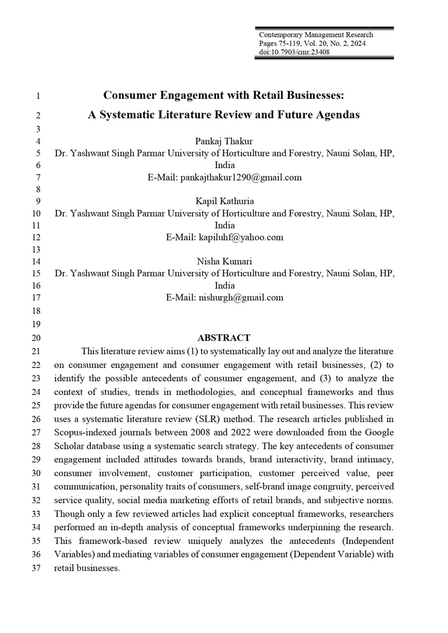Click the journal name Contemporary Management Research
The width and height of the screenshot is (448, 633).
[316, 35]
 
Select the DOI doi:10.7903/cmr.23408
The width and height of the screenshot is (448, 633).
[294, 52]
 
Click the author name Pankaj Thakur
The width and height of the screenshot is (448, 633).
[224, 141]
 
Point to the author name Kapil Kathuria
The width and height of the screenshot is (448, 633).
[224, 201]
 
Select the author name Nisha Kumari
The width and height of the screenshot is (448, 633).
[224, 261]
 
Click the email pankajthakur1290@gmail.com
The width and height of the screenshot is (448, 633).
[241, 177]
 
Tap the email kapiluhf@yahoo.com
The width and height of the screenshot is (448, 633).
[241, 237]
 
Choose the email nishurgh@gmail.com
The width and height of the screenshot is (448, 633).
[241, 297]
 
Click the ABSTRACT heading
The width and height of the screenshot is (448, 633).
[224, 338]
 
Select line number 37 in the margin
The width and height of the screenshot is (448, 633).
[35, 569]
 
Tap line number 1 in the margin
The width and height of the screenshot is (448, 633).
[38, 96]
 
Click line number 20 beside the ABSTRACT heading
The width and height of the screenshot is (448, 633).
[35, 338]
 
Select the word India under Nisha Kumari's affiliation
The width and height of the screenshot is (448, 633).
[224, 286]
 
